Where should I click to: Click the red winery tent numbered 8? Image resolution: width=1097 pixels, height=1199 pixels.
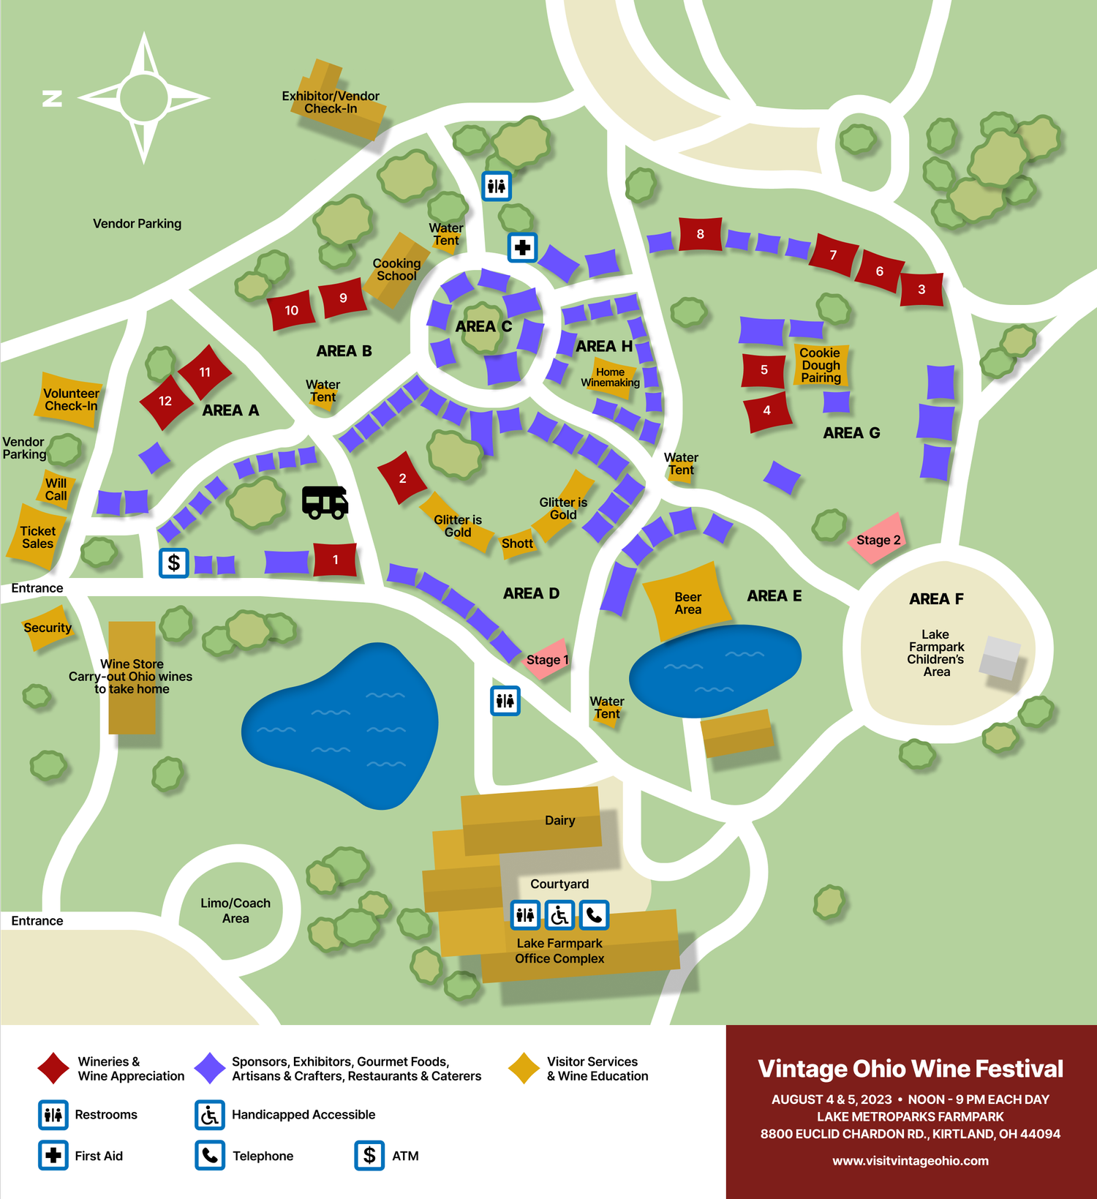700,234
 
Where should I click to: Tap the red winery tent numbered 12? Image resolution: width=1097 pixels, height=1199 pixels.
165,401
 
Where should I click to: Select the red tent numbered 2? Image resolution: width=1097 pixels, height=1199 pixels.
402,478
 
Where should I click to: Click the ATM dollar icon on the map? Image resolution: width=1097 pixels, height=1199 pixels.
174,563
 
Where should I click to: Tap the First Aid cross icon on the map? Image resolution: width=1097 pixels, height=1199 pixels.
522,247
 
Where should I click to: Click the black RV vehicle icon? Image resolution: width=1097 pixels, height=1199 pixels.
325,503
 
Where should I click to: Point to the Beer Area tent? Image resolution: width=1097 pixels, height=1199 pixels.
687,603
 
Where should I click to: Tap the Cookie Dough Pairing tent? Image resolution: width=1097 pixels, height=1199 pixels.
821,365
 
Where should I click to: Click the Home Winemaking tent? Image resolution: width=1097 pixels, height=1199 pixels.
611,377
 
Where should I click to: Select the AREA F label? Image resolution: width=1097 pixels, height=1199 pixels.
936,599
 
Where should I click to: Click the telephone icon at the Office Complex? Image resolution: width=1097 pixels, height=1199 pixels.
594,914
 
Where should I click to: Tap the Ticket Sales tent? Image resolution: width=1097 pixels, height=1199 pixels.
35,537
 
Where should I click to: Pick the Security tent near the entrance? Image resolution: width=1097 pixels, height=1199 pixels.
48,628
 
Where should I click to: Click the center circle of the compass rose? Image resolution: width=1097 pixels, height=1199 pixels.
144,97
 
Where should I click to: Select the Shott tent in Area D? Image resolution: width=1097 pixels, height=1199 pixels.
517,544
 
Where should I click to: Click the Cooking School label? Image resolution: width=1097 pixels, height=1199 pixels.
396,269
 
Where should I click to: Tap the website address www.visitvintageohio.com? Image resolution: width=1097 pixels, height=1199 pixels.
911,1161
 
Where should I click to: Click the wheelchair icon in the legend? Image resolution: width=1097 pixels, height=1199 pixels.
209,1115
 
